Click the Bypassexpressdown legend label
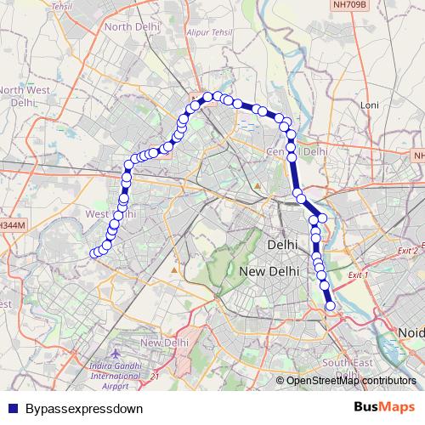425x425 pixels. click(84, 408)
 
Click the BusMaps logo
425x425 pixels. click(378, 407)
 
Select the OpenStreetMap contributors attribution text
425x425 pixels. click(350, 381)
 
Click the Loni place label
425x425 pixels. click(369, 105)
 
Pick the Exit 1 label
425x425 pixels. click(361, 275)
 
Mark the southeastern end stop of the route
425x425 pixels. click(331, 305)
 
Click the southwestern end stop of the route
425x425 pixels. click(94, 252)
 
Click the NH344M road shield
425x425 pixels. click(11, 225)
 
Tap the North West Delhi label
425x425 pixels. click(22, 94)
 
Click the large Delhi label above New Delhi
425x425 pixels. click(282, 244)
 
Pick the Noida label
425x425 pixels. click(411, 331)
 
